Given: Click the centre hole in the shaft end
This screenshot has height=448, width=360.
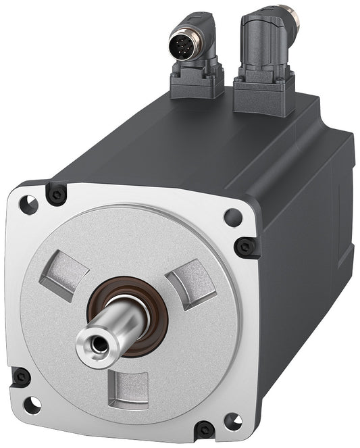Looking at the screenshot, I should [x=99, y=344].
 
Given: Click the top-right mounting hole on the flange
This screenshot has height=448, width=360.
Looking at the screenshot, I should [x=233, y=218].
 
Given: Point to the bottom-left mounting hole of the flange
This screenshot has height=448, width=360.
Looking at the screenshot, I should [x=31, y=405].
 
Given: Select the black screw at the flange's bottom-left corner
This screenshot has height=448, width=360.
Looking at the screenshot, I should [x=21, y=377].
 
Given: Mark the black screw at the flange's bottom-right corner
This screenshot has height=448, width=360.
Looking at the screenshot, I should [x=204, y=428].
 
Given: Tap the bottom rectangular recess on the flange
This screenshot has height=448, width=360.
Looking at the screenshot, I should [x=131, y=390].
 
